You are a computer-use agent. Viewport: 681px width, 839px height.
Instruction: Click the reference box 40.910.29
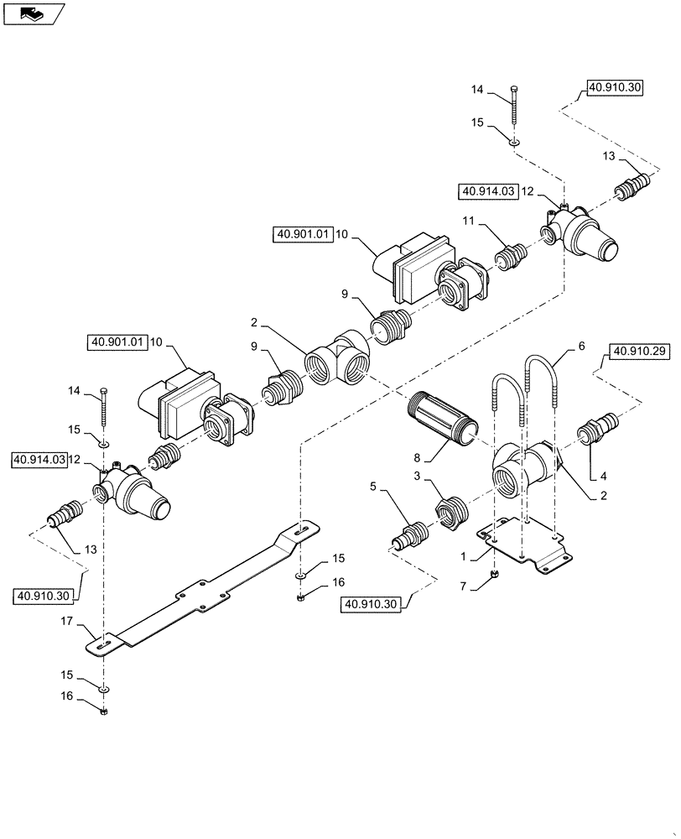[641, 352]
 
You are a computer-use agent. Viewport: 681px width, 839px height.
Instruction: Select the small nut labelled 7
[494, 575]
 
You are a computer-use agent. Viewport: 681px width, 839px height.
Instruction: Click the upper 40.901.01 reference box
[304, 235]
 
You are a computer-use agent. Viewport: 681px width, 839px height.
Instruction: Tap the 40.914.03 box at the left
[39, 460]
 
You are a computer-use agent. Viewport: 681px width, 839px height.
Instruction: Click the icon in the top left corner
[32, 12]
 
